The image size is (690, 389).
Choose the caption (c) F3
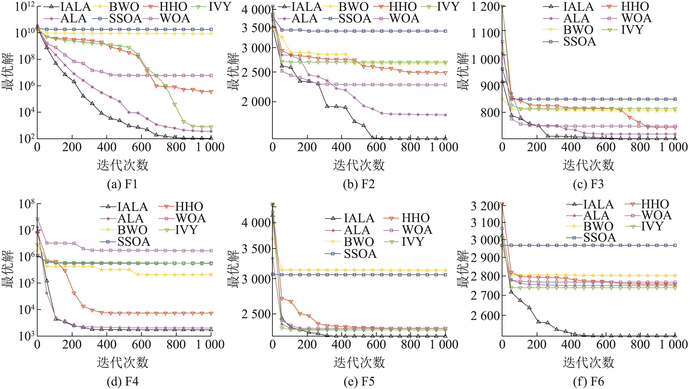point(588,184)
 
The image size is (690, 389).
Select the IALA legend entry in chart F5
point(359,218)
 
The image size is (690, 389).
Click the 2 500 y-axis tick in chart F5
point(255,314)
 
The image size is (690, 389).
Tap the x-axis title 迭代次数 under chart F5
point(359,362)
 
